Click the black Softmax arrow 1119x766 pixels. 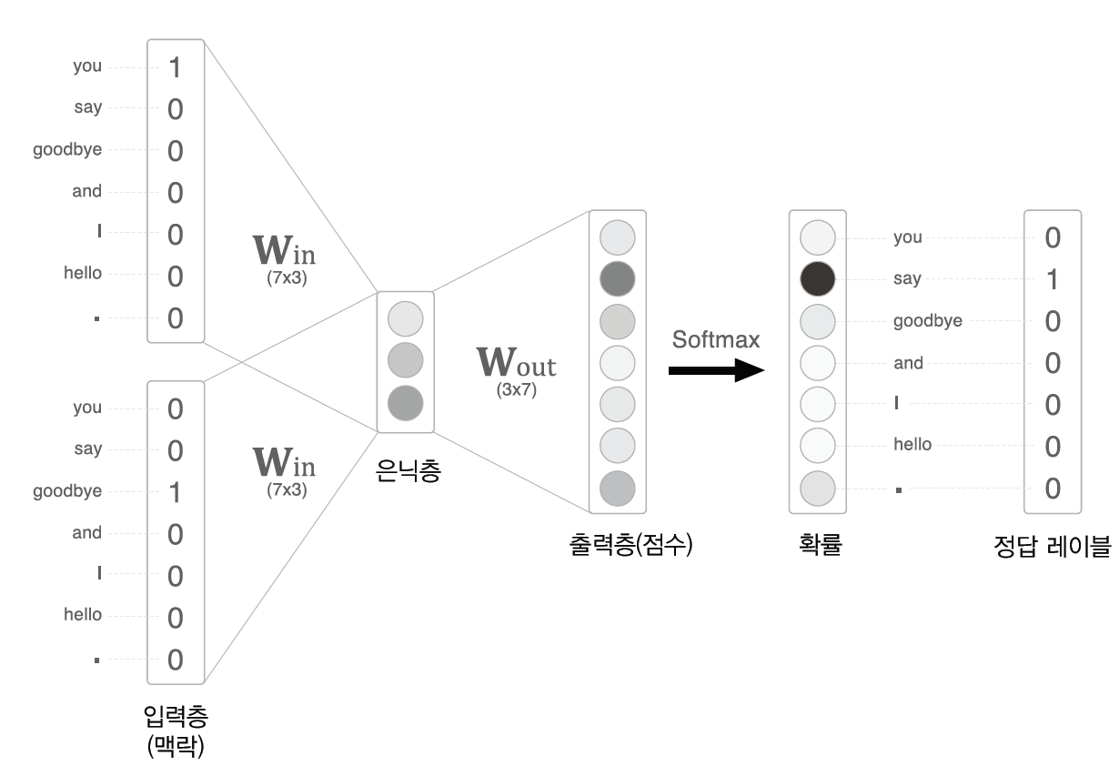click(715, 370)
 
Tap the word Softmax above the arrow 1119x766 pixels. click(716, 339)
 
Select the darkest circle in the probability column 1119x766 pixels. click(817, 278)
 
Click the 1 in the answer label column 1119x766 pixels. click(1053, 279)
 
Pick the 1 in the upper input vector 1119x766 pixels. click(176, 67)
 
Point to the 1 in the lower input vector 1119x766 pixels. click(176, 492)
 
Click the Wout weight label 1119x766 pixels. click(516, 363)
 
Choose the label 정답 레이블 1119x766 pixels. click(1053, 547)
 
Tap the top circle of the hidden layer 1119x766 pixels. click(405, 319)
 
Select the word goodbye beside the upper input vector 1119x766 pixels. click(67, 149)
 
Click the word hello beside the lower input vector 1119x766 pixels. click(83, 615)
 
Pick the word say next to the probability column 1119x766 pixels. click(907, 279)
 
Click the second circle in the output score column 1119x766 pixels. click(618, 278)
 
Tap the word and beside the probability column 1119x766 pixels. click(908, 363)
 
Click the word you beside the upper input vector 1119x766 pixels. click(87, 66)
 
